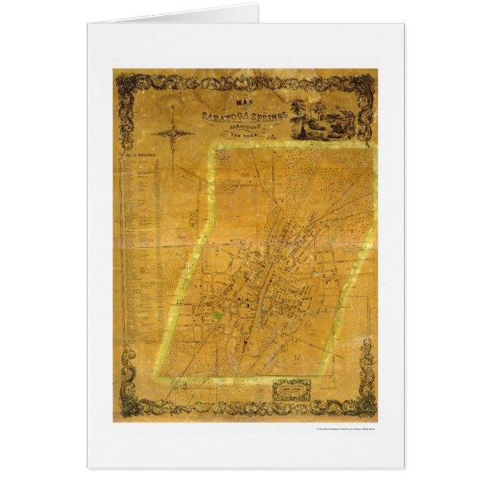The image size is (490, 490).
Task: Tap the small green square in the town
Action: [x=221, y=314]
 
